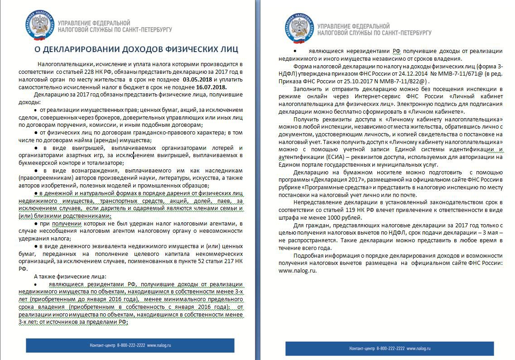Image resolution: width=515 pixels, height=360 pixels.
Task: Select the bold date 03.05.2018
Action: coord(197,79)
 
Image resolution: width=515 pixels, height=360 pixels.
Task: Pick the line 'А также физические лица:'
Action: coord(70,276)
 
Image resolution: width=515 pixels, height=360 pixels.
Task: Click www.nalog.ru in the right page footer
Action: coord(419,349)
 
